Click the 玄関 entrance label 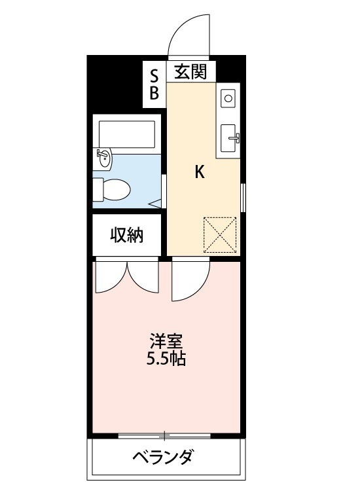tap(190, 71)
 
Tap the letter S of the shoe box tap(154, 73)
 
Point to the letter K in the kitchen tap(200, 172)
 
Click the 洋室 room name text tap(166, 341)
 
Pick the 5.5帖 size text tap(166, 359)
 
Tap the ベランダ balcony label tap(166, 456)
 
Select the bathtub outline tap(126, 134)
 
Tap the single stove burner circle tap(228, 98)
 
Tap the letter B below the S tap(154, 93)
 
